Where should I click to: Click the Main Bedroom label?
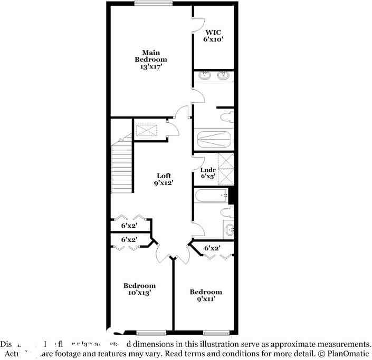pyautogui.click(x=150, y=60)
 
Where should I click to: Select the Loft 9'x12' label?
pyautogui.click(x=164, y=179)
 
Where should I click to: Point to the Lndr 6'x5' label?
pyautogui.click(x=207, y=173)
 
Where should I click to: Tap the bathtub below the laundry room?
pyautogui.click(x=211, y=197)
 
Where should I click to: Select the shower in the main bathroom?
pyautogui.click(x=214, y=140)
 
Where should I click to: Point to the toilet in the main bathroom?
pyautogui.click(x=226, y=115)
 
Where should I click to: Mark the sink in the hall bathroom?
pyautogui.click(x=229, y=230)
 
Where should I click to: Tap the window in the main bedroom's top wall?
pyautogui.click(x=152, y=3)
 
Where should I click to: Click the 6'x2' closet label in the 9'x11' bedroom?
pyautogui.click(x=212, y=248)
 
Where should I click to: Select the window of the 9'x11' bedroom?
pyautogui.click(x=216, y=333)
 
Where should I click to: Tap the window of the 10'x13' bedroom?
pyautogui.click(x=151, y=333)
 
